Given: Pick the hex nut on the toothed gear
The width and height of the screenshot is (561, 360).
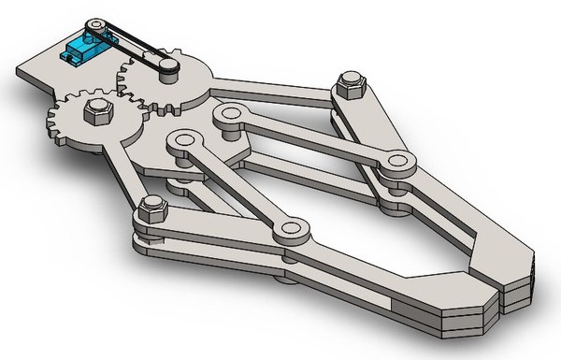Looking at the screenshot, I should pos(95,113).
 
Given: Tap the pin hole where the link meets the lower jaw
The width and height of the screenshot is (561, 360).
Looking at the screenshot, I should pos(295,228).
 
